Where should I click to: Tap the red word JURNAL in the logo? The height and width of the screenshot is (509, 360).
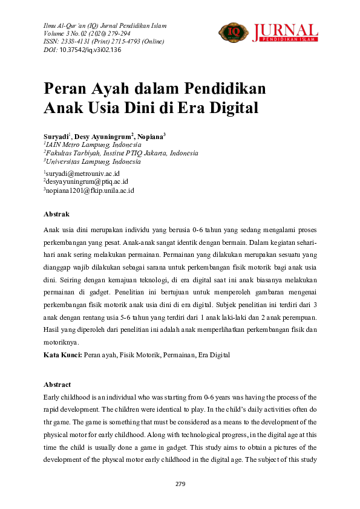(285, 30)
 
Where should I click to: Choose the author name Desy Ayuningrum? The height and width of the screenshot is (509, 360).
(102, 137)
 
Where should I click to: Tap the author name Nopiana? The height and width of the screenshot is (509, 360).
(150, 137)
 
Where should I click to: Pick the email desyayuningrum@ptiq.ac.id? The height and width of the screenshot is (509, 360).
(86, 181)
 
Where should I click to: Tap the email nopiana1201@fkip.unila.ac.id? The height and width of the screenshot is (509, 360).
(90, 190)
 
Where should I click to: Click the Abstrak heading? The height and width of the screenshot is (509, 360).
(56, 214)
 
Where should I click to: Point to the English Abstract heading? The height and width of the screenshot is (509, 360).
(57, 384)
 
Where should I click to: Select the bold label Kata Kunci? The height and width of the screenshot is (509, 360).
(63, 355)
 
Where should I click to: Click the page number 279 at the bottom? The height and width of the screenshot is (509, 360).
(180, 484)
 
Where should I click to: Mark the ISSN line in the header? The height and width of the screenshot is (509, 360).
(102, 42)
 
